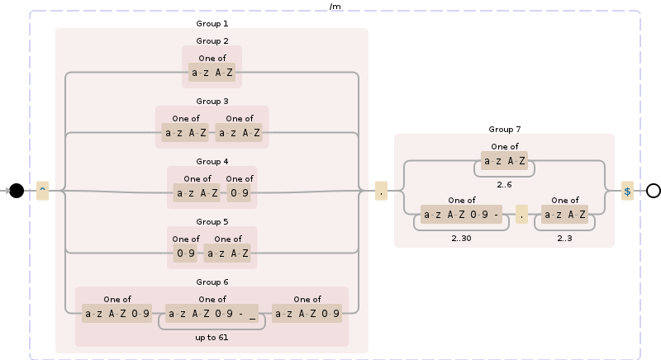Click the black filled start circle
click(16, 191)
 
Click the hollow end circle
click(653, 191)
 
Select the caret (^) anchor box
click(42, 191)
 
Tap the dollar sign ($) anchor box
click(627, 191)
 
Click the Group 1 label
click(212, 23)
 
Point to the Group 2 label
click(212, 40)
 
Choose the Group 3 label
click(212, 101)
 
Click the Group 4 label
click(212, 161)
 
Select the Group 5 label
click(212, 221)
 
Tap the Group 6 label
click(212, 282)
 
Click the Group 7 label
click(504, 129)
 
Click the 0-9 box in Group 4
click(239, 194)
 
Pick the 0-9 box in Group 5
click(186, 254)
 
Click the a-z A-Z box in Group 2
click(212, 73)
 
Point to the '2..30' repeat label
click(461, 238)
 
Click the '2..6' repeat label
click(504, 184)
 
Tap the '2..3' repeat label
click(565, 238)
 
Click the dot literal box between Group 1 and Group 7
click(382, 191)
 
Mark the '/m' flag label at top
click(335, 6)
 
